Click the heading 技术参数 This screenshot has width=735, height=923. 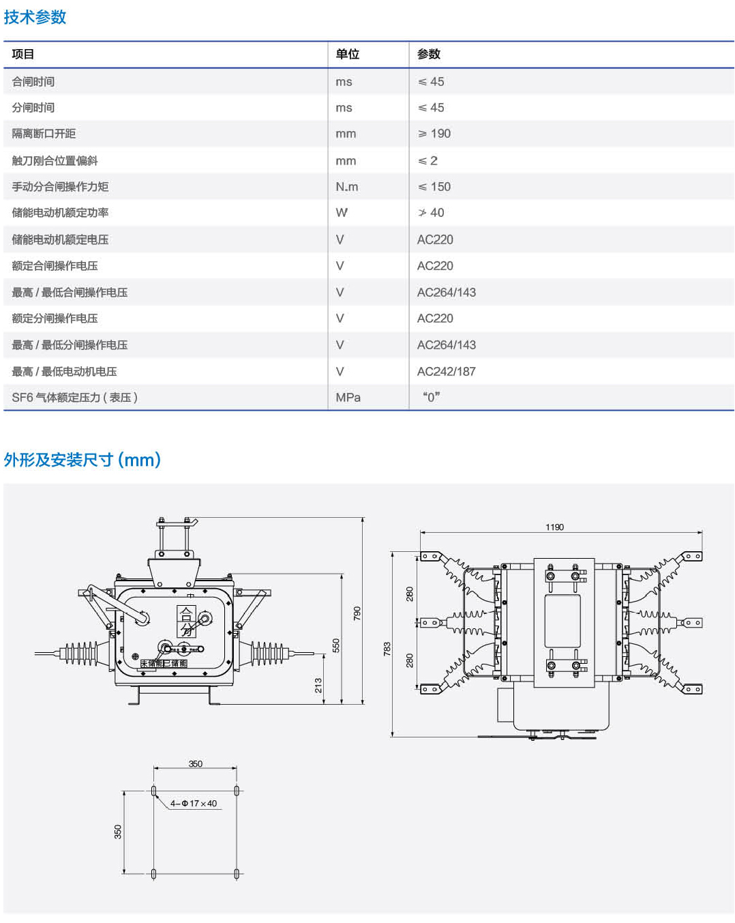coord(35,17)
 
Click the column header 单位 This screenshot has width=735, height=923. coord(347,55)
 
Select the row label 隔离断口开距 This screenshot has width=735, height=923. coord(44,134)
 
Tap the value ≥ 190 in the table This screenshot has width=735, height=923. coord(434,134)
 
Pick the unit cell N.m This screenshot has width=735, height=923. coord(346,187)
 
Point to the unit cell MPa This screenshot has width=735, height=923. coord(348,398)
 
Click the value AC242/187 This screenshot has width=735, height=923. coord(446,372)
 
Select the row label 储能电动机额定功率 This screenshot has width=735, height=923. coord(60,213)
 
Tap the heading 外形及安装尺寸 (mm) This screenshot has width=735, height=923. coord(82,460)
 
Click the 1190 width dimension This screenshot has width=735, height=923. coord(554,527)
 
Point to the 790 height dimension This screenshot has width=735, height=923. coord(357,613)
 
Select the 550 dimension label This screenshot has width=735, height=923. coord(336,645)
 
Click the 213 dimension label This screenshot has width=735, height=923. coord(318,686)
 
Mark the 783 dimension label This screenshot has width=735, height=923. coord(387,649)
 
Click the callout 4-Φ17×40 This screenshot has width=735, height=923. coord(194,804)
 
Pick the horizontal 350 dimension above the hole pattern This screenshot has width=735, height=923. coord(196,764)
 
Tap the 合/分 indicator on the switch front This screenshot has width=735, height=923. coord(186,621)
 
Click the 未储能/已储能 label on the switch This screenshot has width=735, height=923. coord(164,663)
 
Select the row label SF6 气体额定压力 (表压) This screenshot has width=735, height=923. coord(75,398)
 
